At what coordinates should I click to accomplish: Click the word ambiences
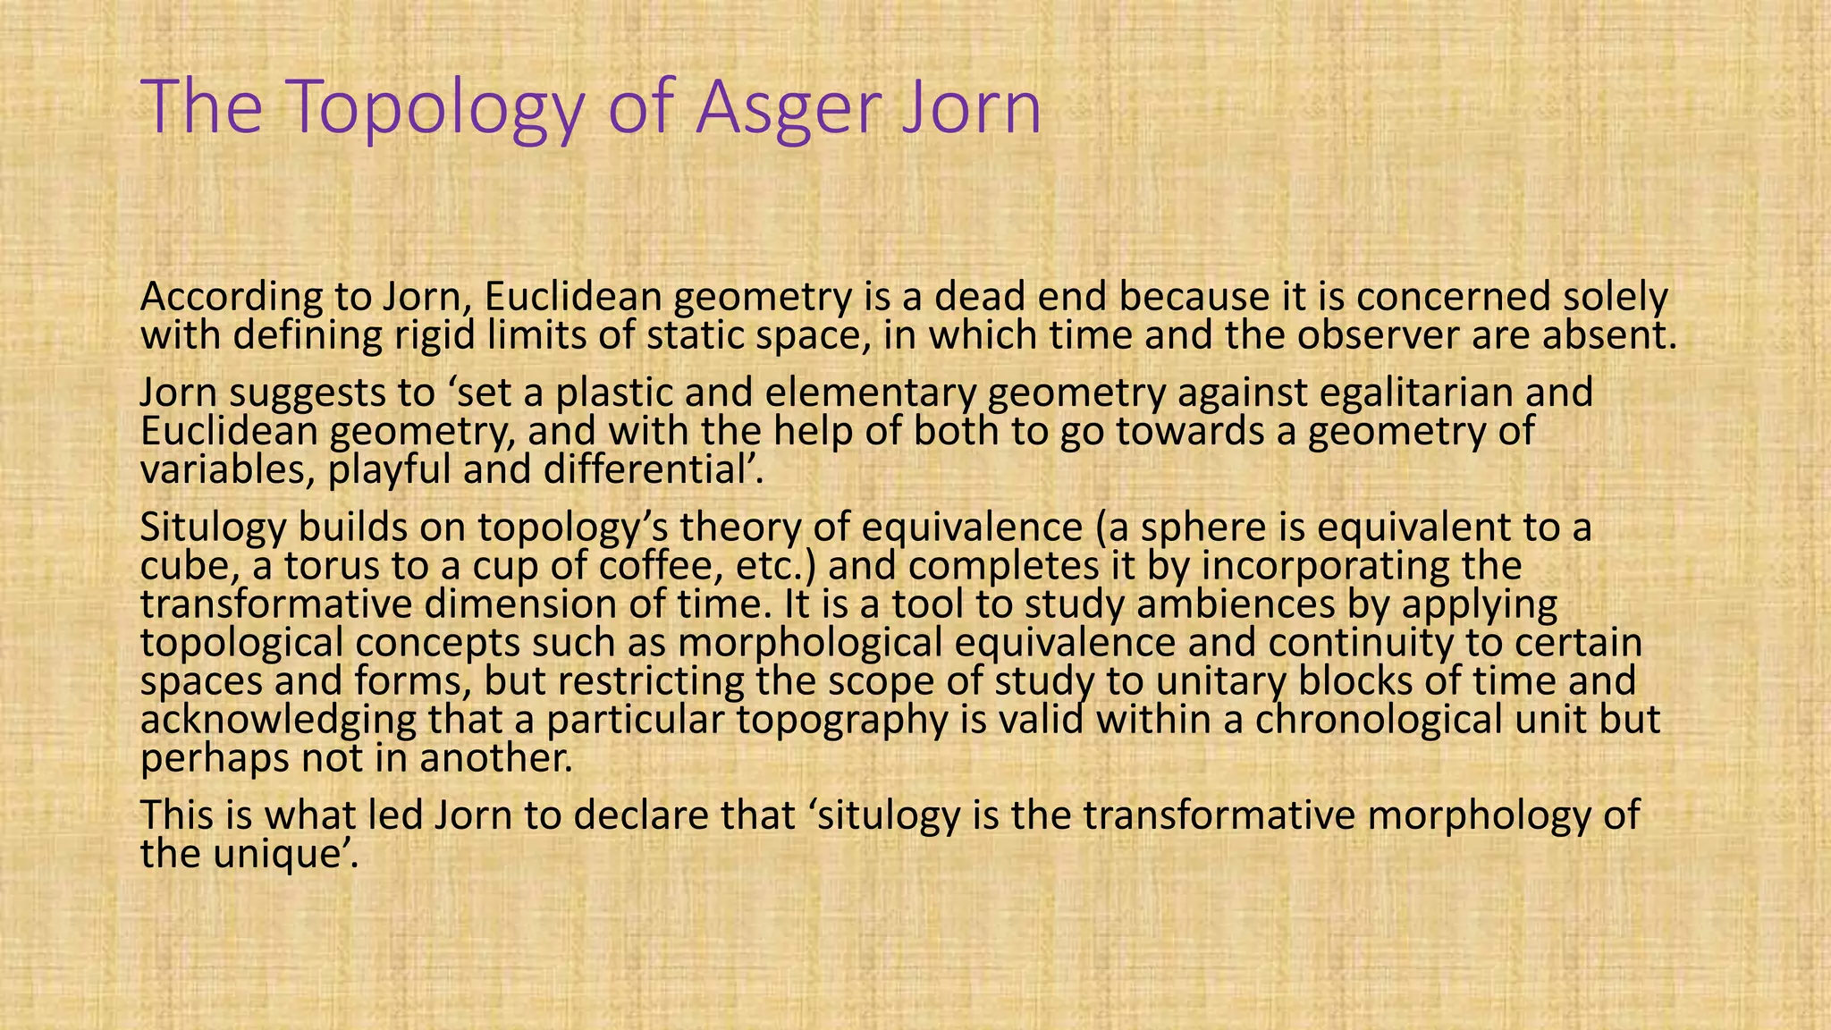1236,604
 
